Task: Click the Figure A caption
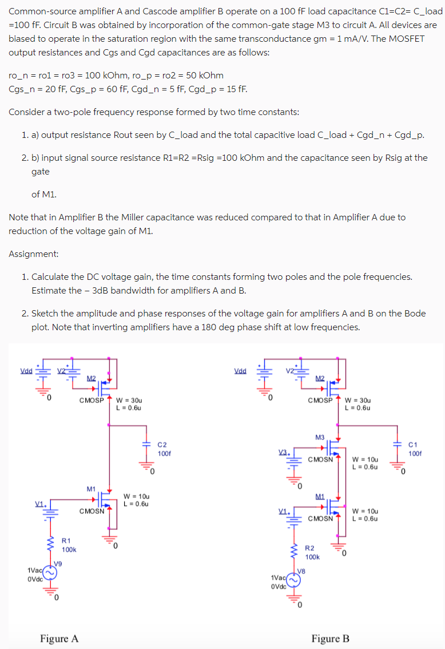(x=59, y=638)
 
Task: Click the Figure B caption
(x=330, y=638)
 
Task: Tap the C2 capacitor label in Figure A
(x=162, y=444)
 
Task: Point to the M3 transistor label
(x=320, y=437)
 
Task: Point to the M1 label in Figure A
(x=91, y=489)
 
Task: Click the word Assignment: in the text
(x=33, y=254)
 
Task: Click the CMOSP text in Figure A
(x=91, y=400)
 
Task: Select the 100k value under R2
(x=313, y=557)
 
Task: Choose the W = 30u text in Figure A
(x=129, y=400)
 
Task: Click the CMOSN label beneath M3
(x=320, y=459)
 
